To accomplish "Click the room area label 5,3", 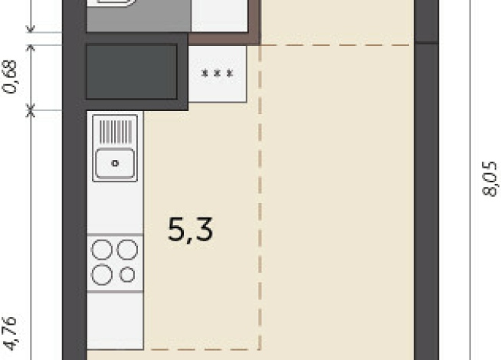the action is tap(191, 229).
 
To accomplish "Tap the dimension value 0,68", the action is tap(10, 77).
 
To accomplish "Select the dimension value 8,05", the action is tap(490, 178).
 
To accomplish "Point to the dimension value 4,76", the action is tap(10, 333).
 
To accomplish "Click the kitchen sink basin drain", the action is tap(115, 164).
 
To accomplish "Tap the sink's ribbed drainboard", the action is tap(116, 132).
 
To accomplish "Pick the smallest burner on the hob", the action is tap(127, 275).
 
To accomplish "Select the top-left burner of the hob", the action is tap(102, 250).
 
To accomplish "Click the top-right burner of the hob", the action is tap(127, 250).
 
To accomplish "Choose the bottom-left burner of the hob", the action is tap(102, 275).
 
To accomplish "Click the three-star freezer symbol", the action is tap(218, 74).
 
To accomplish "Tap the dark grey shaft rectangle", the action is tap(131, 72).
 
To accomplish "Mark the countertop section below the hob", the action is tap(116, 321).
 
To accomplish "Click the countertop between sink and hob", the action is tap(116, 208).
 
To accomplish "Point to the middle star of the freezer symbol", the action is tap(218, 74).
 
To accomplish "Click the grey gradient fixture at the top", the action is tap(139, 16).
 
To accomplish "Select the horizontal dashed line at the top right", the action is tap(336, 45).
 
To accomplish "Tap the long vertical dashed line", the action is tap(260, 198).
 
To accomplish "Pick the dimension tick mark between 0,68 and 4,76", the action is tap(31, 110).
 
